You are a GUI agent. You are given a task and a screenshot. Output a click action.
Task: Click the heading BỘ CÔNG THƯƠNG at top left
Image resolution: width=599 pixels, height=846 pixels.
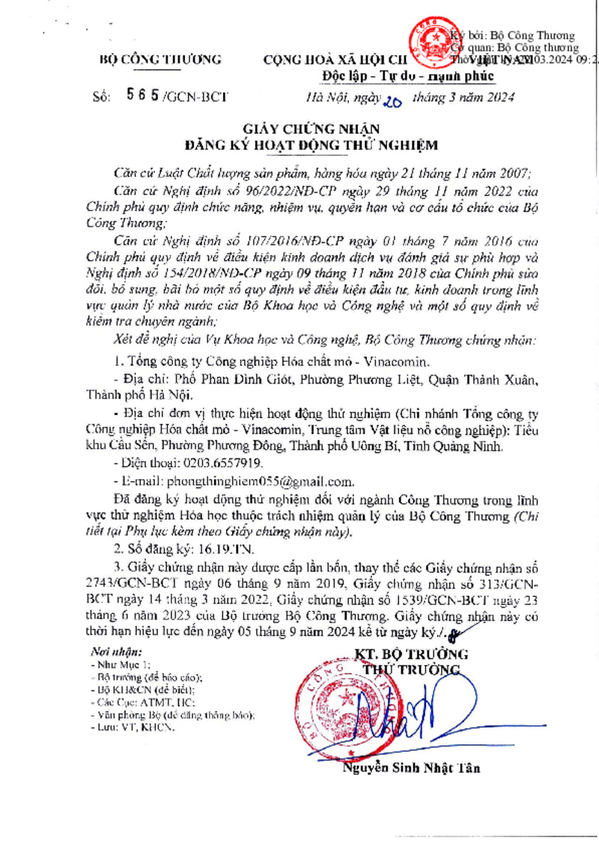point(161,59)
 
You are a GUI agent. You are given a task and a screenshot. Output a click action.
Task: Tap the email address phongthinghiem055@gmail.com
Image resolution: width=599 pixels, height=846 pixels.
point(261,481)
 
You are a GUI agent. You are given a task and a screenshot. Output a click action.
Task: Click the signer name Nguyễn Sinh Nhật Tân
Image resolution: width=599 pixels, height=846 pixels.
point(411,768)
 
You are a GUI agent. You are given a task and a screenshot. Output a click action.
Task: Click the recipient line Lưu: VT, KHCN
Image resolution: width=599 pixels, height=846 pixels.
point(131,728)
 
